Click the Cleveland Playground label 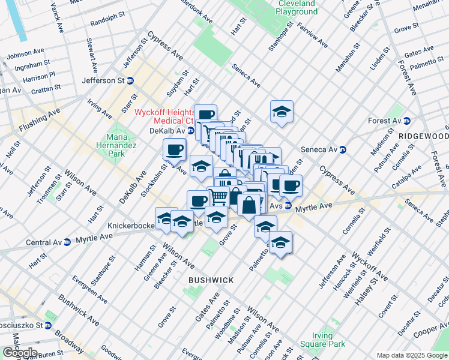point(296,7)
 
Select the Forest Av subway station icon point(406,121)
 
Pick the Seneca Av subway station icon point(343,149)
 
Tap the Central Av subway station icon point(67,242)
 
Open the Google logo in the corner point(20,352)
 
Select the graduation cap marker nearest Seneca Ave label point(281,112)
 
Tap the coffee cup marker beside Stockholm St point(175,149)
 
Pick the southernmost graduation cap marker point(280,243)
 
